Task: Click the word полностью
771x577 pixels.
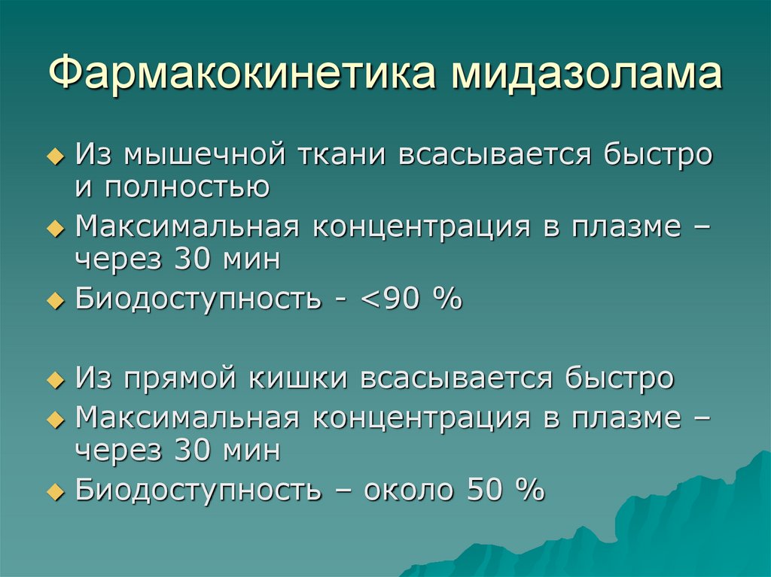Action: click(188, 187)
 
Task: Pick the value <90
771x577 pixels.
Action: click(392, 299)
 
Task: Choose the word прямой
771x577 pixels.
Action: click(192, 378)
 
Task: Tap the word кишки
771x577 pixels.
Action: click(297, 378)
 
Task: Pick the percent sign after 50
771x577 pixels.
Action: click(529, 490)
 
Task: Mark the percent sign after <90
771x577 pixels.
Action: click(446, 299)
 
